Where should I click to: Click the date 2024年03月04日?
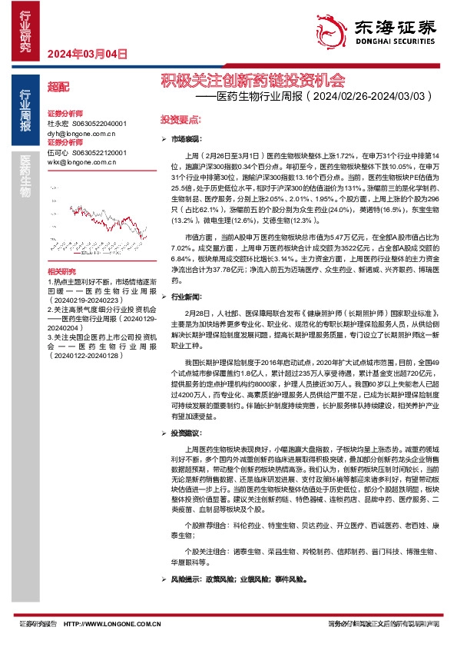click(86, 54)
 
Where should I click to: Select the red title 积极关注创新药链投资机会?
click(252, 80)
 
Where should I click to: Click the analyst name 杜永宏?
click(58, 123)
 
